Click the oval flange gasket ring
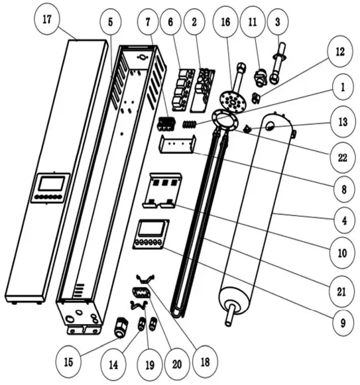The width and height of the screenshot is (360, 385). coord(226,120)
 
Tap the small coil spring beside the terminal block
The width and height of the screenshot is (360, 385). coord(190,123)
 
